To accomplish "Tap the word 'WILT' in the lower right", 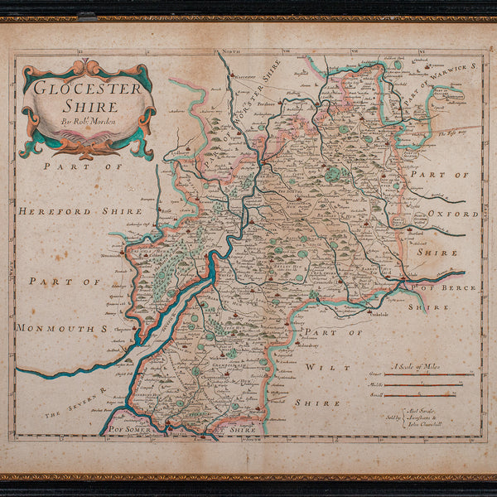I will pyautogui.click(x=318, y=366).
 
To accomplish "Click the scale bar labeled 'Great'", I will pyautogui.click(x=427, y=374).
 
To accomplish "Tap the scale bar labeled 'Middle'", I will pyautogui.click(x=427, y=386).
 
